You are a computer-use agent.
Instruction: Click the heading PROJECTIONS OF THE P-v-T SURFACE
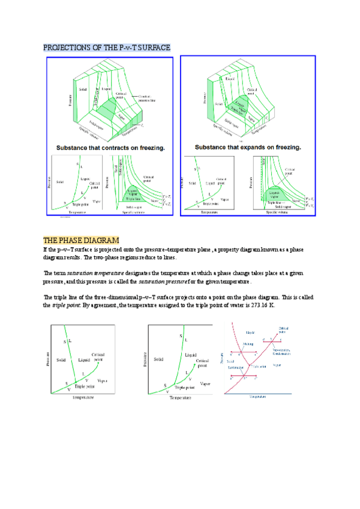(107, 47)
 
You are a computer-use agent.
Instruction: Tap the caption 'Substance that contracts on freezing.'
(111, 147)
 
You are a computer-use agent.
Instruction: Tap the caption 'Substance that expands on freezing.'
(250, 147)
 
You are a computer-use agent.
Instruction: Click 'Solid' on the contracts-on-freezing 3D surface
(83, 89)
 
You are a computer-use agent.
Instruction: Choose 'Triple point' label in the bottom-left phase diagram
(85, 387)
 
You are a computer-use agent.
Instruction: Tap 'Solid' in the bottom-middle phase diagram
(159, 359)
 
